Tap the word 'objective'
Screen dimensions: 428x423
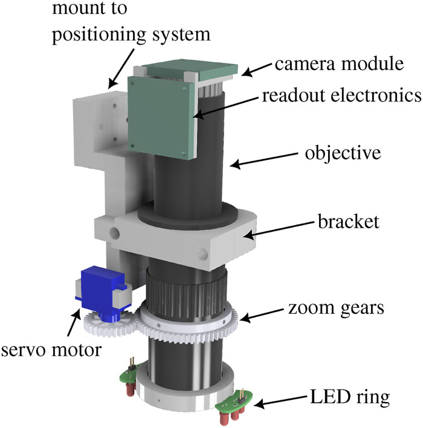pyautogui.click(x=341, y=153)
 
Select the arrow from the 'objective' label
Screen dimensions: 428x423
pyautogui.click(x=259, y=160)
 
